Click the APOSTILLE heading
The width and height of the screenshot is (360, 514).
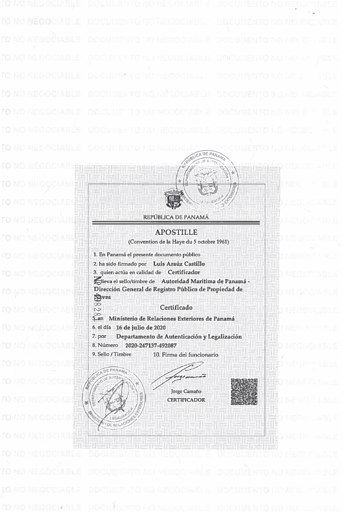tap(177, 232)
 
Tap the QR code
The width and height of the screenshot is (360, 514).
tap(244, 392)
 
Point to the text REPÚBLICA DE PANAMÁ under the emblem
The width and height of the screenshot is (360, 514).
tap(177, 217)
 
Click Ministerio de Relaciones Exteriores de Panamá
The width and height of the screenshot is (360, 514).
tap(172, 318)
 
